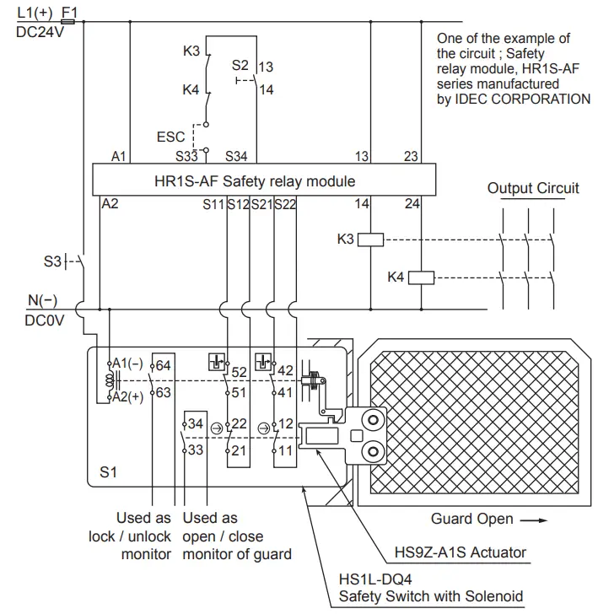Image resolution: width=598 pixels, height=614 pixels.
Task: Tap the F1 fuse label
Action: [70, 13]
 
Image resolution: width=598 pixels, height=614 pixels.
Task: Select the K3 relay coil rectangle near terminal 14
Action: [371, 240]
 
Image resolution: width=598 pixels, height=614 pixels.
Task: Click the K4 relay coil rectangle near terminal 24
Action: [421, 277]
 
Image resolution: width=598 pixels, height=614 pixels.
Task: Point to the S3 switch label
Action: [53, 261]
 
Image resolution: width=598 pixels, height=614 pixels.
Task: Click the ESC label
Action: [171, 136]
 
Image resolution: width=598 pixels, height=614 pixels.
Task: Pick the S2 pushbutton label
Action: [240, 65]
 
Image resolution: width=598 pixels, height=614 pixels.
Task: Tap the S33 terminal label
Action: [187, 156]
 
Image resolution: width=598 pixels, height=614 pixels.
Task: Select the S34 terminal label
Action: [236, 156]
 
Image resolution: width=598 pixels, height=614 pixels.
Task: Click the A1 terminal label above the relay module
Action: [120, 156]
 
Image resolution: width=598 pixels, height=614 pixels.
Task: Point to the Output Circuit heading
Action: [533, 188]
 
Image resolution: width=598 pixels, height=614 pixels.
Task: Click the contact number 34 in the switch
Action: [195, 423]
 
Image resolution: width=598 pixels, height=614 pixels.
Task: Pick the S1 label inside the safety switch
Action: [109, 473]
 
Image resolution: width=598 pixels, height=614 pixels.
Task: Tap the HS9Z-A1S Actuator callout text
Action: [461, 553]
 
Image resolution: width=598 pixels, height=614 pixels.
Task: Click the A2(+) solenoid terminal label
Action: [129, 397]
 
